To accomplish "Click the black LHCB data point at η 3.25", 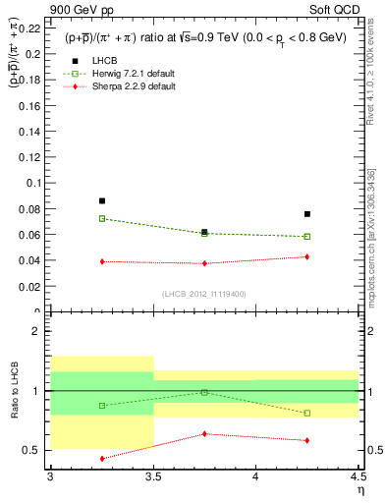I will pos(102,200).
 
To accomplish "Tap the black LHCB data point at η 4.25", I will pos(307,213).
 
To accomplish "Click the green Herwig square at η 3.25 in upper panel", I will pos(102,218).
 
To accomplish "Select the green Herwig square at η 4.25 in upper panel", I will pos(307,236).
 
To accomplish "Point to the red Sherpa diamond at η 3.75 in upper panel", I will pos(204,263).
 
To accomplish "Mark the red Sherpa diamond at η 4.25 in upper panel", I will pos(307,256).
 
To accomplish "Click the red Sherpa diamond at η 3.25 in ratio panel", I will pos(102,458).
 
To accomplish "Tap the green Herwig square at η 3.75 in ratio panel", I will pos(204,392).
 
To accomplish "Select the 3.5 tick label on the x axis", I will pos(153,476).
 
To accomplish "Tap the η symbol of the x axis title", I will pos(359,490).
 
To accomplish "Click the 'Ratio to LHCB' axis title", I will pos(14,391).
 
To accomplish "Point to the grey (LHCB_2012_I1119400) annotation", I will pos(204,293).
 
